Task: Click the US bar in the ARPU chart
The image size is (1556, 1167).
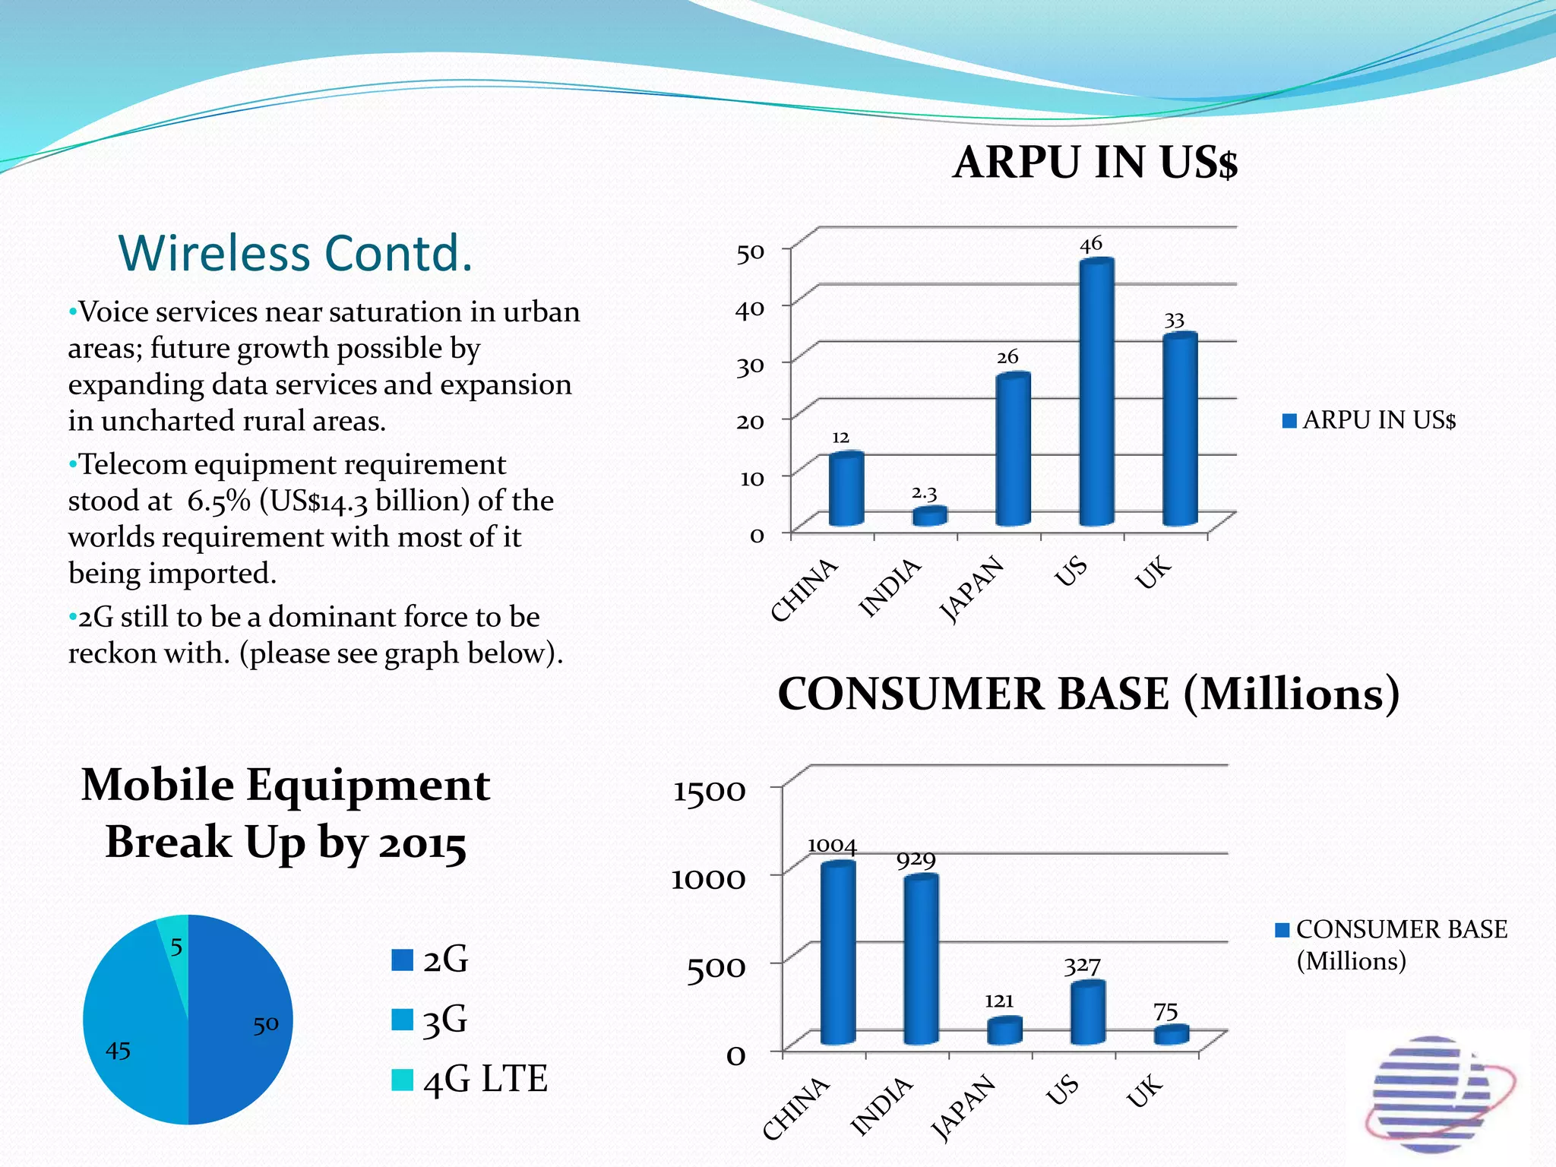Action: point(1096,395)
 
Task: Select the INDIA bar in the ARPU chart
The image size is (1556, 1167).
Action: point(929,517)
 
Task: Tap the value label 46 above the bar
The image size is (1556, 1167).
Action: point(1091,245)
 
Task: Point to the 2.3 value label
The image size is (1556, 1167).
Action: point(924,494)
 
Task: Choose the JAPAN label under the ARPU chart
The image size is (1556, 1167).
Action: point(972,589)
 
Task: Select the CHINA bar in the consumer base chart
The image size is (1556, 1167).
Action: point(838,954)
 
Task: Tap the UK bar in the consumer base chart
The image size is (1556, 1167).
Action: point(1172,1035)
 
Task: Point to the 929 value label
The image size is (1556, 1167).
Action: point(916,860)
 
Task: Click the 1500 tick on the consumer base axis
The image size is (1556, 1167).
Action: point(709,792)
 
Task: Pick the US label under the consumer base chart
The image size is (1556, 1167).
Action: point(1062,1090)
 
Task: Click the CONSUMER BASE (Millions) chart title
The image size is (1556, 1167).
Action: point(1088,694)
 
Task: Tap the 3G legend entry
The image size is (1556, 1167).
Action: point(430,1020)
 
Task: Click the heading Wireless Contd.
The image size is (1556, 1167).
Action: point(296,253)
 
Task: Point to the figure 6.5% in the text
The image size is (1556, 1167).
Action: point(219,501)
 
